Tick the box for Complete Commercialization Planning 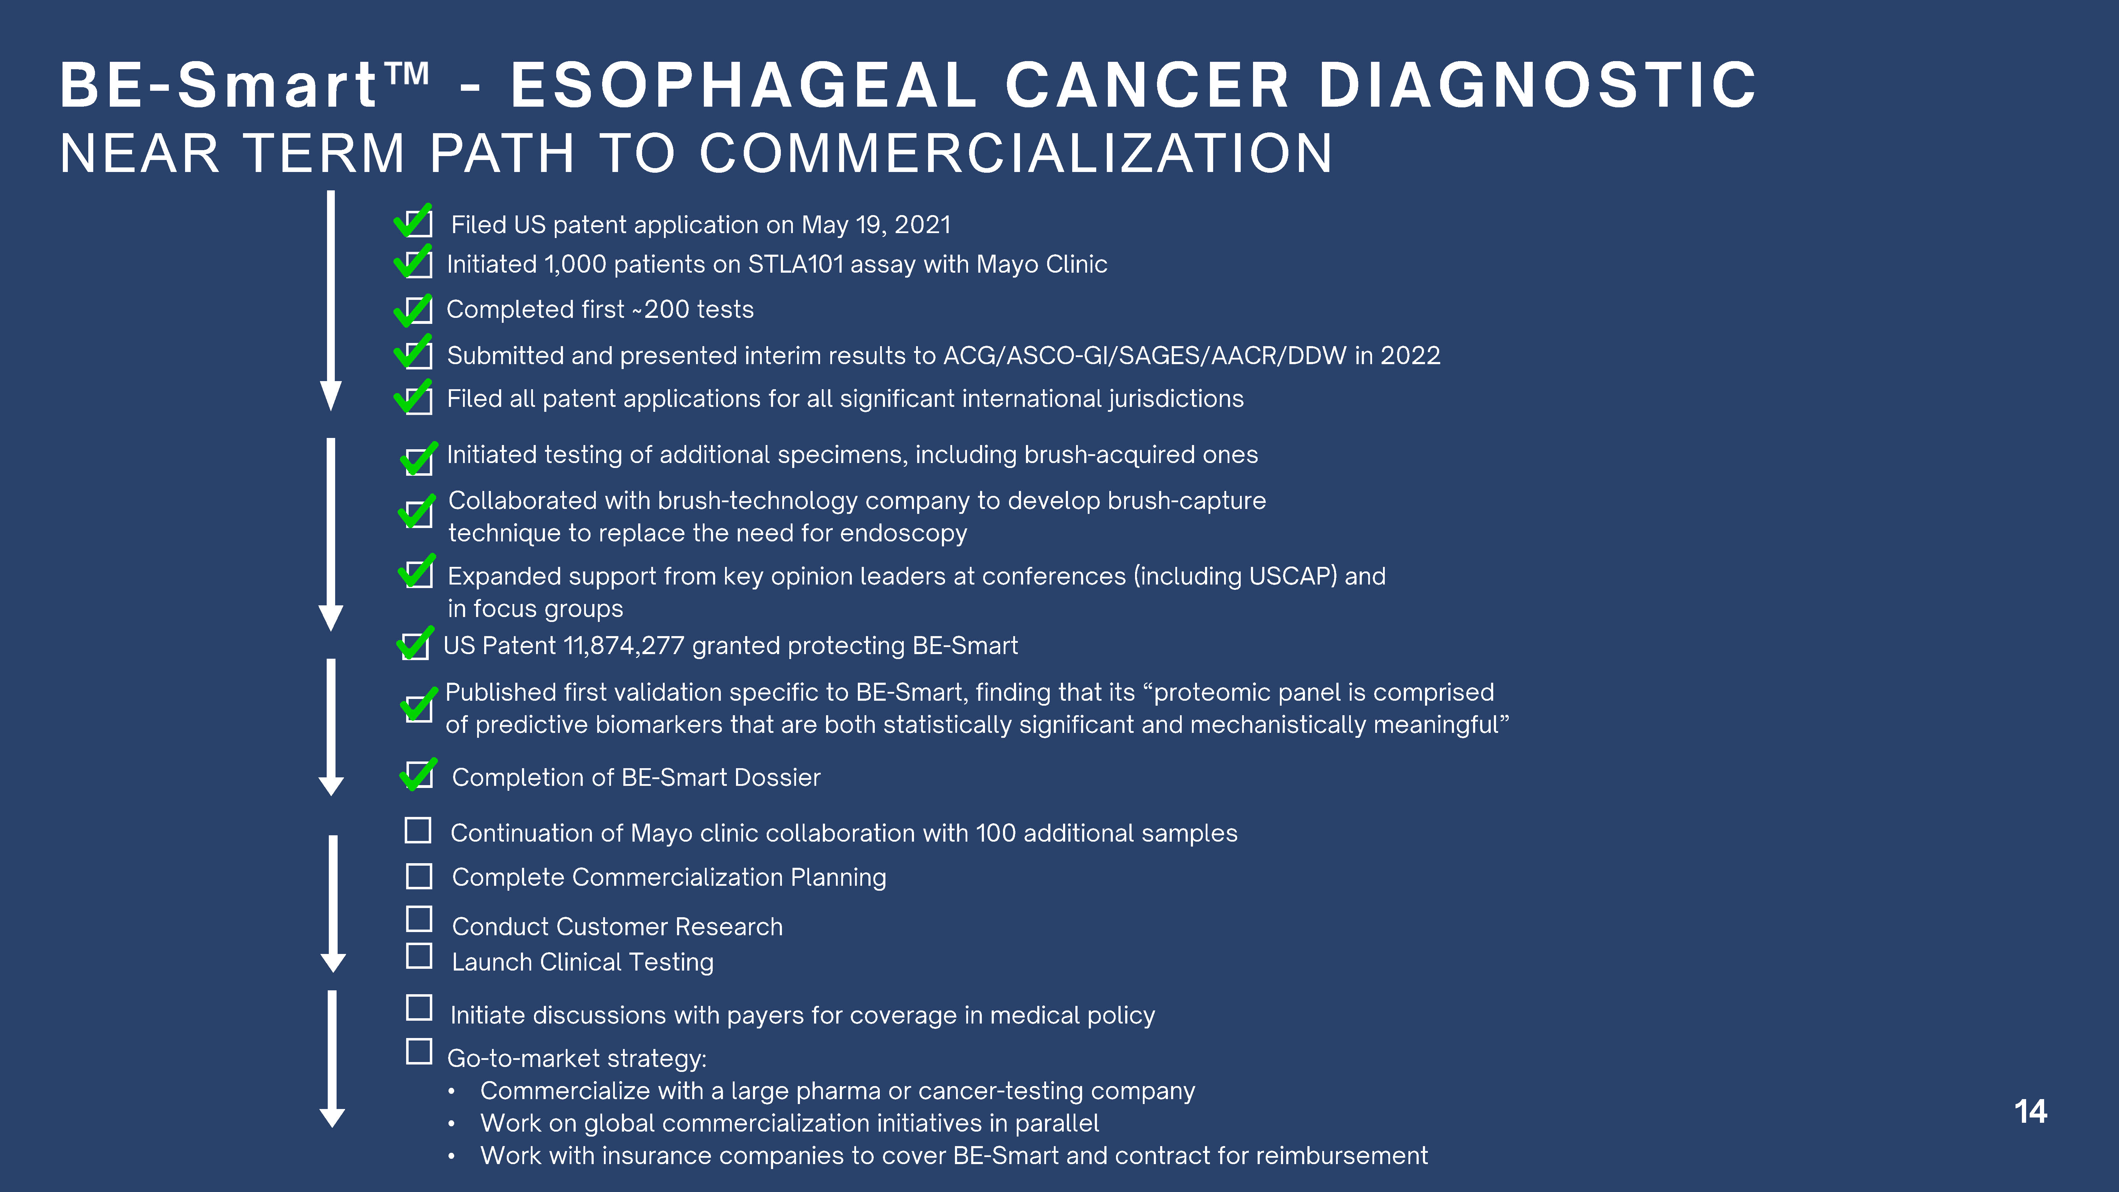point(419,876)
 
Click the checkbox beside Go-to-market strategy point(419,1051)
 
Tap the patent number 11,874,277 point(624,646)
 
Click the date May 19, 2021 point(876,225)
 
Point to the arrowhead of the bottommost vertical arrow point(332,1116)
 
